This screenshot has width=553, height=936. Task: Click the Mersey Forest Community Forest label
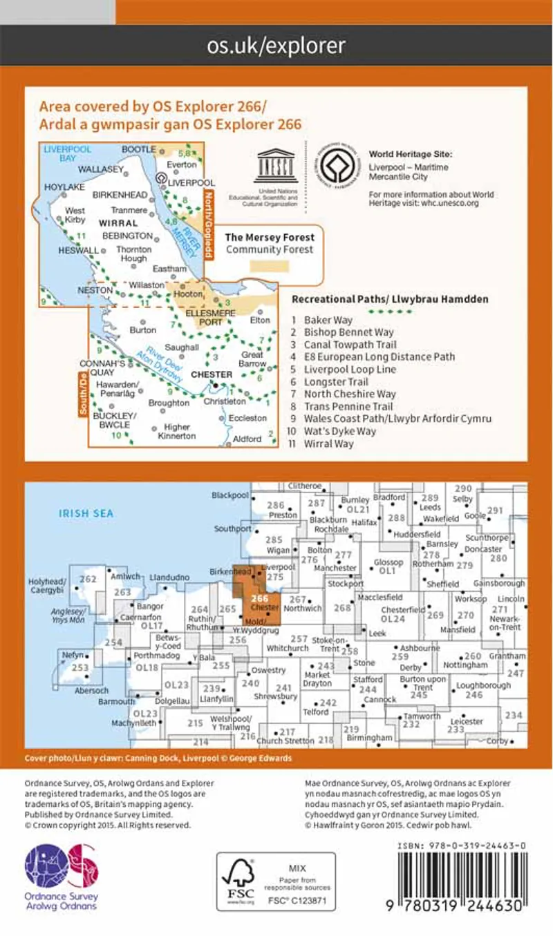tap(270, 243)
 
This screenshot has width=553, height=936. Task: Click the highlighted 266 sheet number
tap(260, 598)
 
